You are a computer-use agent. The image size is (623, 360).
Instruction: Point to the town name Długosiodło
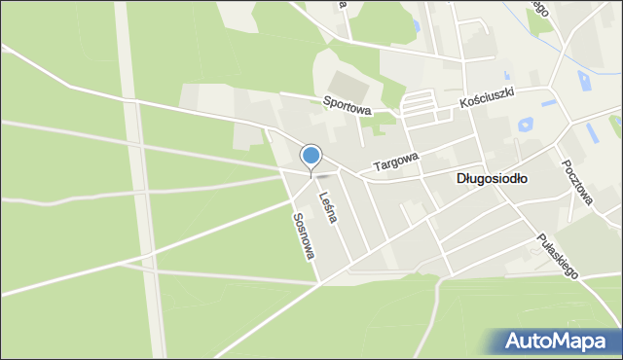point(492,179)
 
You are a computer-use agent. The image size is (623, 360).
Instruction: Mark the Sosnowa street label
point(304,235)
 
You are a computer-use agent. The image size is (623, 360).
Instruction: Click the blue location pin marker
point(311,156)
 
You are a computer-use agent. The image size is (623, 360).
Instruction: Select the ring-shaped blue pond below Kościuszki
point(527,125)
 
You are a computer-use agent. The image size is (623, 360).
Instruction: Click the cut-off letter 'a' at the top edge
point(343,4)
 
